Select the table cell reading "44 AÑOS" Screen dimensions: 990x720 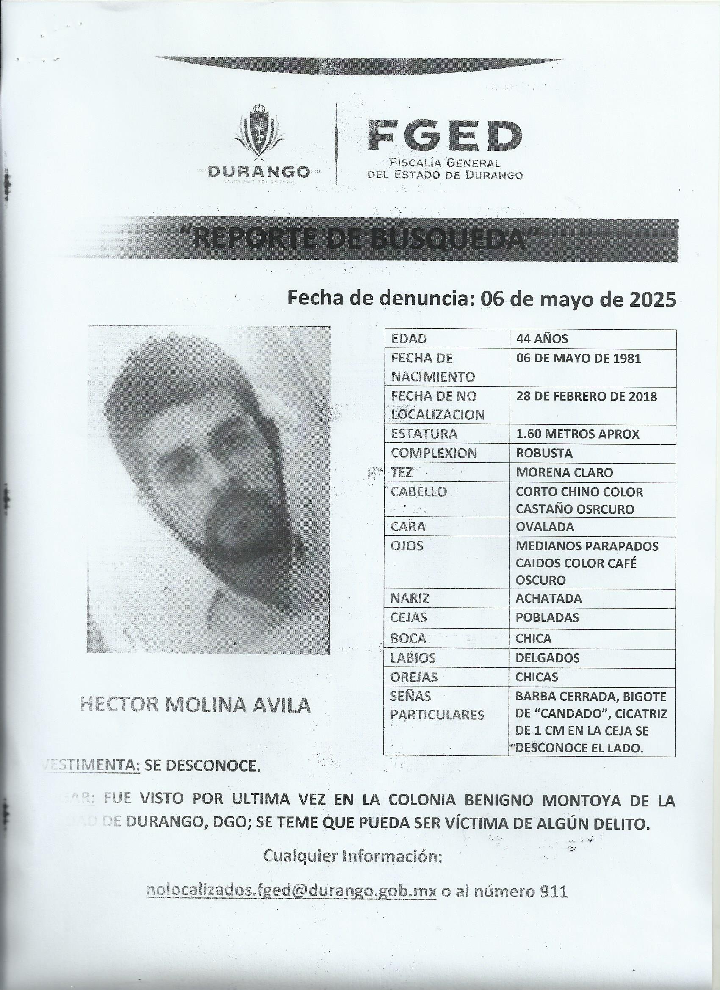(x=543, y=339)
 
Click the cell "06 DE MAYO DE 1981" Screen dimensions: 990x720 (x=578, y=358)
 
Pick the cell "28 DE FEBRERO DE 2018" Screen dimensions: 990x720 (x=586, y=396)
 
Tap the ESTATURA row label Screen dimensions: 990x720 (x=424, y=434)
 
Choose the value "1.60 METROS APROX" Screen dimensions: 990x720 (x=577, y=434)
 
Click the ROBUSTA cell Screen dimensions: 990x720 (x=544, y=453)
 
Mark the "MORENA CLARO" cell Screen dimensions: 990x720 (x=564, y=472)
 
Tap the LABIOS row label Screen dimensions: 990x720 (x=413, y=658)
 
